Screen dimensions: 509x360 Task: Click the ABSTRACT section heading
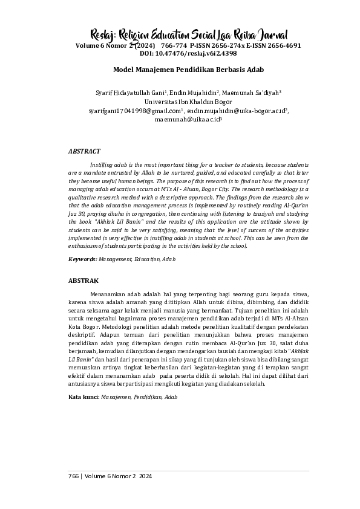click(83, 151)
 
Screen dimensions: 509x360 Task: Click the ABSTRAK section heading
click(83, 280)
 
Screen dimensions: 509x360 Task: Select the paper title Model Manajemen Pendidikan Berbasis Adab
click(180, 70)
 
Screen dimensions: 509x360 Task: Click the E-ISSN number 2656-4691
click(281, 45)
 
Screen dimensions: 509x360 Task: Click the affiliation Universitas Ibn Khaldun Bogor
click(180, 102)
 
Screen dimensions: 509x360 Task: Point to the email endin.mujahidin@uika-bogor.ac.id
click(236, 111)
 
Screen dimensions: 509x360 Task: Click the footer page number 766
click(74, 477)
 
